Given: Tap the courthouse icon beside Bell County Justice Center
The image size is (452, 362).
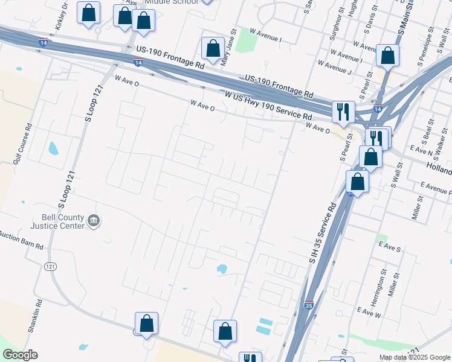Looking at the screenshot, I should pyautogui.click(x=94, y=221).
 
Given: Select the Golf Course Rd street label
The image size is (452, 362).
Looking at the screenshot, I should pyautogui.click(x=28, y=144).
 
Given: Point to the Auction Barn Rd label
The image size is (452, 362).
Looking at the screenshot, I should pyautogui.click(x=21, y=241).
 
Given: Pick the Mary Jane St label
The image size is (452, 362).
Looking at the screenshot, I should pyautogui.click(x=229, y=48).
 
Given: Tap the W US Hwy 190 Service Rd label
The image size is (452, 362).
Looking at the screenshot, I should pyautogui.click(x=268, y=106).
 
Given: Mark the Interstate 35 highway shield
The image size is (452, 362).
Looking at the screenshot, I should pyautogui.click(x=309, y=305).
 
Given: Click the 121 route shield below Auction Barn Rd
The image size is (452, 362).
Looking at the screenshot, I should pyautogui.click(x=51, y=266).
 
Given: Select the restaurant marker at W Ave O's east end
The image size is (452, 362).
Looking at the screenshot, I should pyautogui.click(x=342, y=112).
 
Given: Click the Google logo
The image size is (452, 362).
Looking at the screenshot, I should pyautogui.click(x=20, y=355).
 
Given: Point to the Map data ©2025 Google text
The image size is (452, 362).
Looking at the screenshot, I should pyautogui.click(x=414, y=357).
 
